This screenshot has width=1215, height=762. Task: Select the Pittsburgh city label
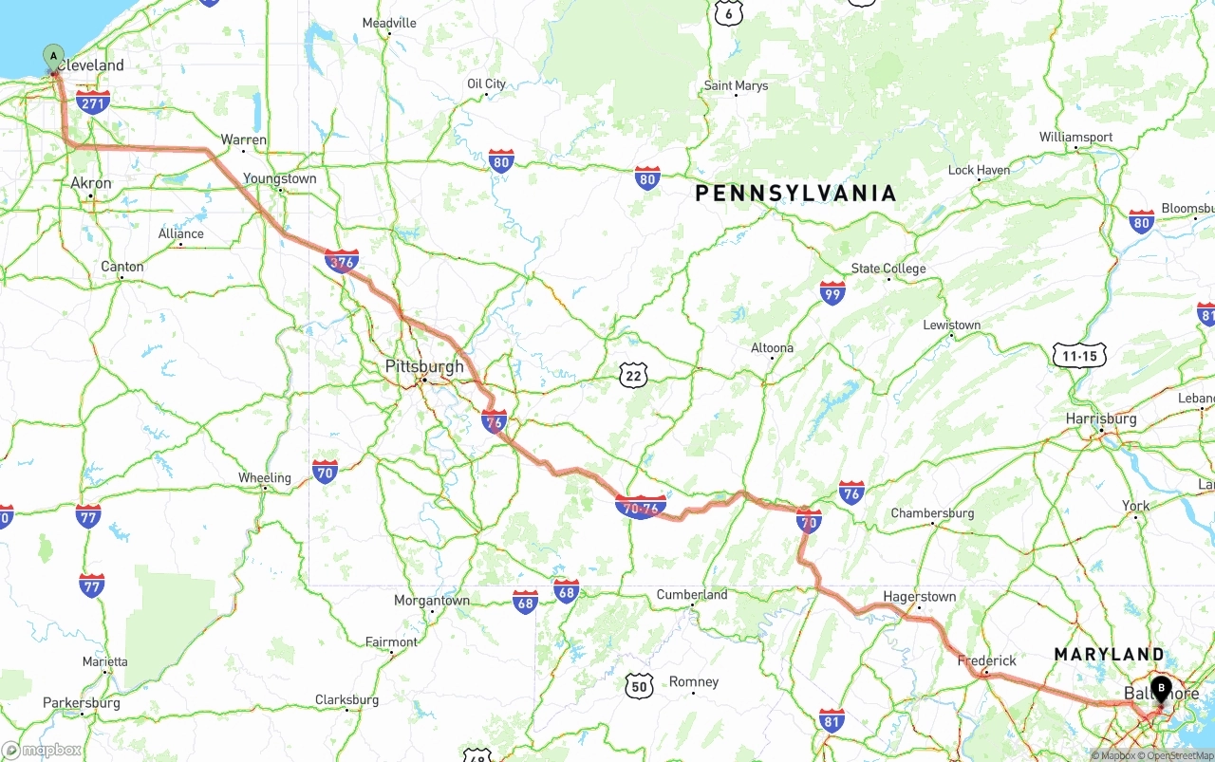(x=424, y=366)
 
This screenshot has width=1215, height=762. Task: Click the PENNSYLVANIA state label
(x=795, y=194)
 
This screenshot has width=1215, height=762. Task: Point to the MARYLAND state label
(x=1109, y=654)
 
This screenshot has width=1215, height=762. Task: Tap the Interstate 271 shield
(x=93, y=102)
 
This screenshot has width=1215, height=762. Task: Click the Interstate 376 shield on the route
(x=342, y=262)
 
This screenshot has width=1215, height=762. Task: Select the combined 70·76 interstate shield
(x=641, y=508)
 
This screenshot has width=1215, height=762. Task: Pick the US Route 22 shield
(x=634, y=376)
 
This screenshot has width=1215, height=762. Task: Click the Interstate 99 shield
(x=832, y=293)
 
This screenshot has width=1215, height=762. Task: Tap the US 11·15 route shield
(x=1079, y=356)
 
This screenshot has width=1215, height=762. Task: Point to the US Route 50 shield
(x=640, y=686)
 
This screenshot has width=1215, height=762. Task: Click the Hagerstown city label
(x=919, y=597)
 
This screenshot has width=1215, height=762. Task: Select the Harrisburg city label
(x=1101, y=418)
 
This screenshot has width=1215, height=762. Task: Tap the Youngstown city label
(x=279, y=178)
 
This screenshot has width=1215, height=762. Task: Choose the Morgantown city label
(x=432, y=601)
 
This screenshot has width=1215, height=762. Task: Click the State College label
(x=888, y=269)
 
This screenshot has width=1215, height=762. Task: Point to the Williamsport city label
(x=1075, y=138)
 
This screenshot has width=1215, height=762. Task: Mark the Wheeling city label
(x=264, y=477)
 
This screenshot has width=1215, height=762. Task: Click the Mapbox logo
(x=42, y=750)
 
